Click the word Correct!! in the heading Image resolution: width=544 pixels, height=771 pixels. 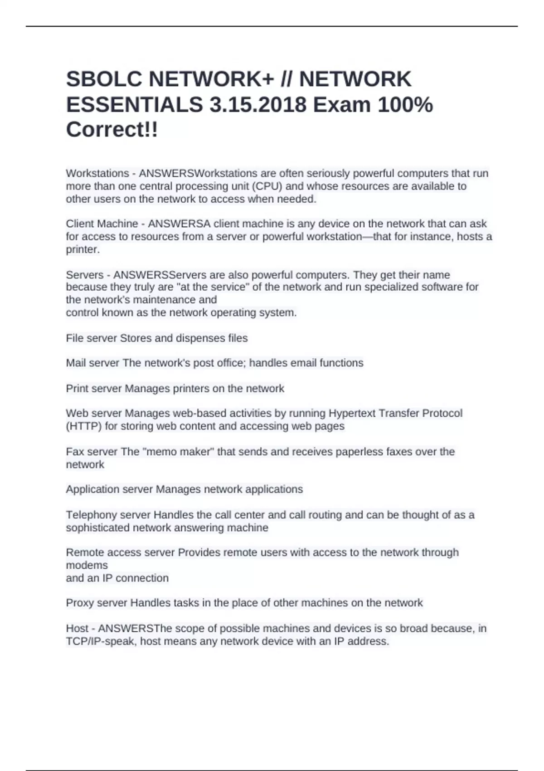pos(112,130)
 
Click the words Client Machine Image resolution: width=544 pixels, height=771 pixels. pos(102,224)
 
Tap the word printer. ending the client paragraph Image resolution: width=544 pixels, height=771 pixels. pos(83,249)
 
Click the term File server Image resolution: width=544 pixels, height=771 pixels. pos(91,338)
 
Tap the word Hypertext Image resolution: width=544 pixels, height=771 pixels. pos(352,414)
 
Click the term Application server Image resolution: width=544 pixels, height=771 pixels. pos(109,489)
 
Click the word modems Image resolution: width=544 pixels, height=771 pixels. pos(87,566)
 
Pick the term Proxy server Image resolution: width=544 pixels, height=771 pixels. pos(97,603)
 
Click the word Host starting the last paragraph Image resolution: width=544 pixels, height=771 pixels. pos(77,629)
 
